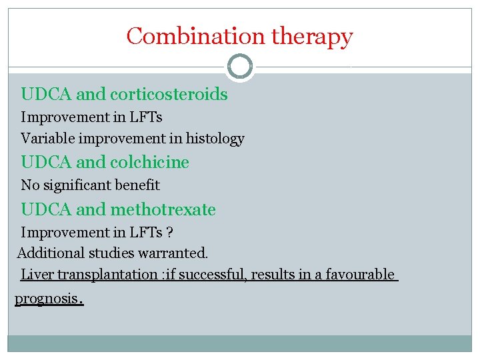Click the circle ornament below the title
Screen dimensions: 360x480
240,67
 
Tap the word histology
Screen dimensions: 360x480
215,139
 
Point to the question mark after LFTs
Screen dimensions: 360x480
171,233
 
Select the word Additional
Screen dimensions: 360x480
47,253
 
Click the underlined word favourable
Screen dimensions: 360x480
360,275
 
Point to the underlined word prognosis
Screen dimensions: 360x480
46,299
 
